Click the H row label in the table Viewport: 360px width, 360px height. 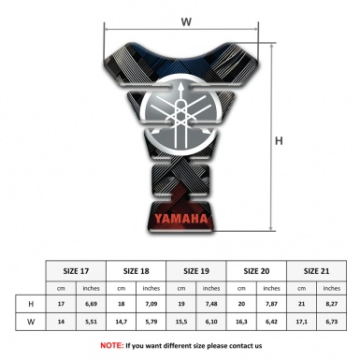tap(32, 304)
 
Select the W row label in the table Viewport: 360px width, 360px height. tap(32, 322)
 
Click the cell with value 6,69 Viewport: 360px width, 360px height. tap(92, 304)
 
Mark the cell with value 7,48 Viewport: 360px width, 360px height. tap(212, 304)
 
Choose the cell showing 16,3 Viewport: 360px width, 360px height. tap(241, 322)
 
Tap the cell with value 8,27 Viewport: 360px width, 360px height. tap(331, 304)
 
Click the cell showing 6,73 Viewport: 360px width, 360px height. tap(331, 322)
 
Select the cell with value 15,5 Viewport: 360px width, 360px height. tap(181, 322)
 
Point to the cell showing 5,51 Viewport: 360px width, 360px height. tap(92, 322)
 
